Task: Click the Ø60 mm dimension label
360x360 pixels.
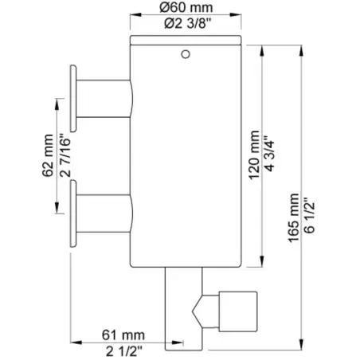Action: (x=186, y=7)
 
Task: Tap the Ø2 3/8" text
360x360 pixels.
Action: (x=187, y=24)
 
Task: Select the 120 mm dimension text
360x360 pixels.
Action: (x=254, y=155)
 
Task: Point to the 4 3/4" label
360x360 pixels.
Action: (x=270, y=153)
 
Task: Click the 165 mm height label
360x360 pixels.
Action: (x=294, y=218)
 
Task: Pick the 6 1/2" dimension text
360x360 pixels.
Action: (x=310, y=215)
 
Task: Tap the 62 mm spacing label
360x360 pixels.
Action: (x=48, y=155)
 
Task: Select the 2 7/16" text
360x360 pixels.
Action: (x=65, y=157)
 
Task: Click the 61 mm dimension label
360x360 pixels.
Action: (x=123, y=335)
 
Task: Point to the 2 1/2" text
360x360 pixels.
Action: (x=124, y=351)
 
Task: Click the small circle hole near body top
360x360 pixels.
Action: (x=186, y=54)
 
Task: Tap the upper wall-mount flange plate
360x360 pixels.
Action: (x=73, y=98)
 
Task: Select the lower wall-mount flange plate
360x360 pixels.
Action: (x=73, y=213)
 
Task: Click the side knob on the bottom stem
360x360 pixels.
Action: (x=238, y=311)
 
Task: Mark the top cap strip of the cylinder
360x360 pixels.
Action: (x=186, y=39)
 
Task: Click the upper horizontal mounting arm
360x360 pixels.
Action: (x=104, y=99)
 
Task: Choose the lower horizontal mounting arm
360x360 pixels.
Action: (x=104, y=213)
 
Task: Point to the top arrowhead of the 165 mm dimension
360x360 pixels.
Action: (x=301, y=51)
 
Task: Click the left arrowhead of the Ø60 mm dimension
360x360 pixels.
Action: (x=135, y=14)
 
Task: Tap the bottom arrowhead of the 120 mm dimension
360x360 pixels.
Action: (x=262, y=261)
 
